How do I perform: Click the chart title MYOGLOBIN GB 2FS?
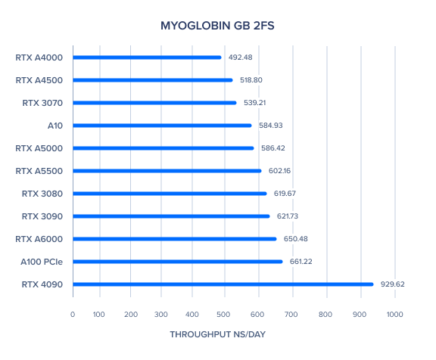217,26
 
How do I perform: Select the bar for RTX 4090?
223,284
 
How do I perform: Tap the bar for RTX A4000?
147,57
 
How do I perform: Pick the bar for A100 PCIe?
178,262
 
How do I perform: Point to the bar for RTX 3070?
155,103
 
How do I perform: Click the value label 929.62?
392,284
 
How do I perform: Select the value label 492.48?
240,57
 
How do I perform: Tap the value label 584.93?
271,126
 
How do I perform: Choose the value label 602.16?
279,171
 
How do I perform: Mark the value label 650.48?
295,238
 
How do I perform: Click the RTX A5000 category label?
39,148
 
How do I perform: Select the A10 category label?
55,126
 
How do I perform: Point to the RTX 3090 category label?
42,216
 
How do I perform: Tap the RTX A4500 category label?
39,80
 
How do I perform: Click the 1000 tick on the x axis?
394,315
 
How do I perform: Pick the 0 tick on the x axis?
73,315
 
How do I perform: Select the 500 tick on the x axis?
223,315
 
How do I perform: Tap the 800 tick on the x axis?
325,315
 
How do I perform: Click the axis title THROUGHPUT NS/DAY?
218,334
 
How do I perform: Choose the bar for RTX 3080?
170,194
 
